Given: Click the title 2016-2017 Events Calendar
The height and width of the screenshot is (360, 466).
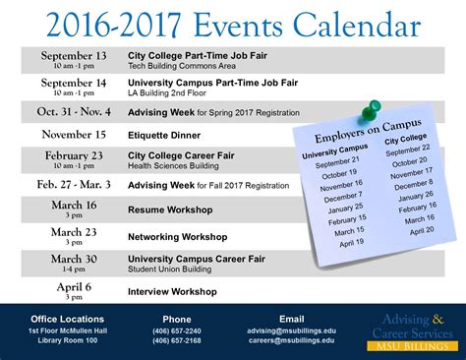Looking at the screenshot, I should (233, 22).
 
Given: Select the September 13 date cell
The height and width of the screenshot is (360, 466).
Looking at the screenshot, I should (74, 61).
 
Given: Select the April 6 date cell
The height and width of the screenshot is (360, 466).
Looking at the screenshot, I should (74, 290).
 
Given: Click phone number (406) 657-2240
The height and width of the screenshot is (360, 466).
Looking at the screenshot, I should (177, 331).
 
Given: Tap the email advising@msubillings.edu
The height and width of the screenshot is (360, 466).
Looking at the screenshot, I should (292, 331).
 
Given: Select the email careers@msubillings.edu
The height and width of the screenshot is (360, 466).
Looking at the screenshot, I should (292, 341).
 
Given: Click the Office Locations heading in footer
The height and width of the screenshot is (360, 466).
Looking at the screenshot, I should (68, 319).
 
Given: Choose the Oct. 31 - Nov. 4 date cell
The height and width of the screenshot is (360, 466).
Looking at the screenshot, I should (74, 111).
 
